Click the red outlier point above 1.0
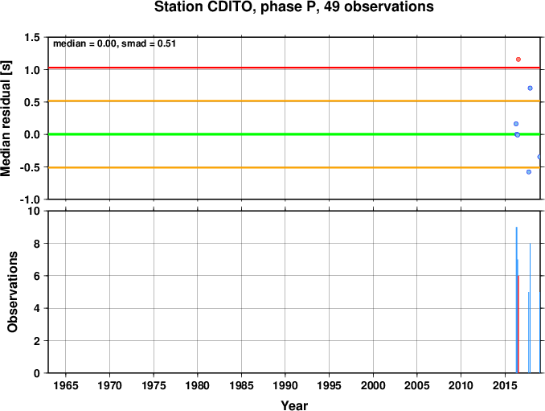(518, 60)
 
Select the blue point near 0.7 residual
(530, 88)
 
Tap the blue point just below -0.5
(529, 172)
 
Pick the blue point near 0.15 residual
(516, 124)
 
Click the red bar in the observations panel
(518, 324)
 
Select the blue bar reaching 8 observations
(530, 308)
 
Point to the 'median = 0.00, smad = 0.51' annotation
(114, 43)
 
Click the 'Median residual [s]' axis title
(6, 118)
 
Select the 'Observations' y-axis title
(12, 292)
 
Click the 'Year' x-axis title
(294, 405)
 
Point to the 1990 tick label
(285, 385)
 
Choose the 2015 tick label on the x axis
(505, 385)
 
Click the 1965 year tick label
(66, 385)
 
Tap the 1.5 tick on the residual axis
(31, 37)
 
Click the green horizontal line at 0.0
(294, 134)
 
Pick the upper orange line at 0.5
(294, 101)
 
